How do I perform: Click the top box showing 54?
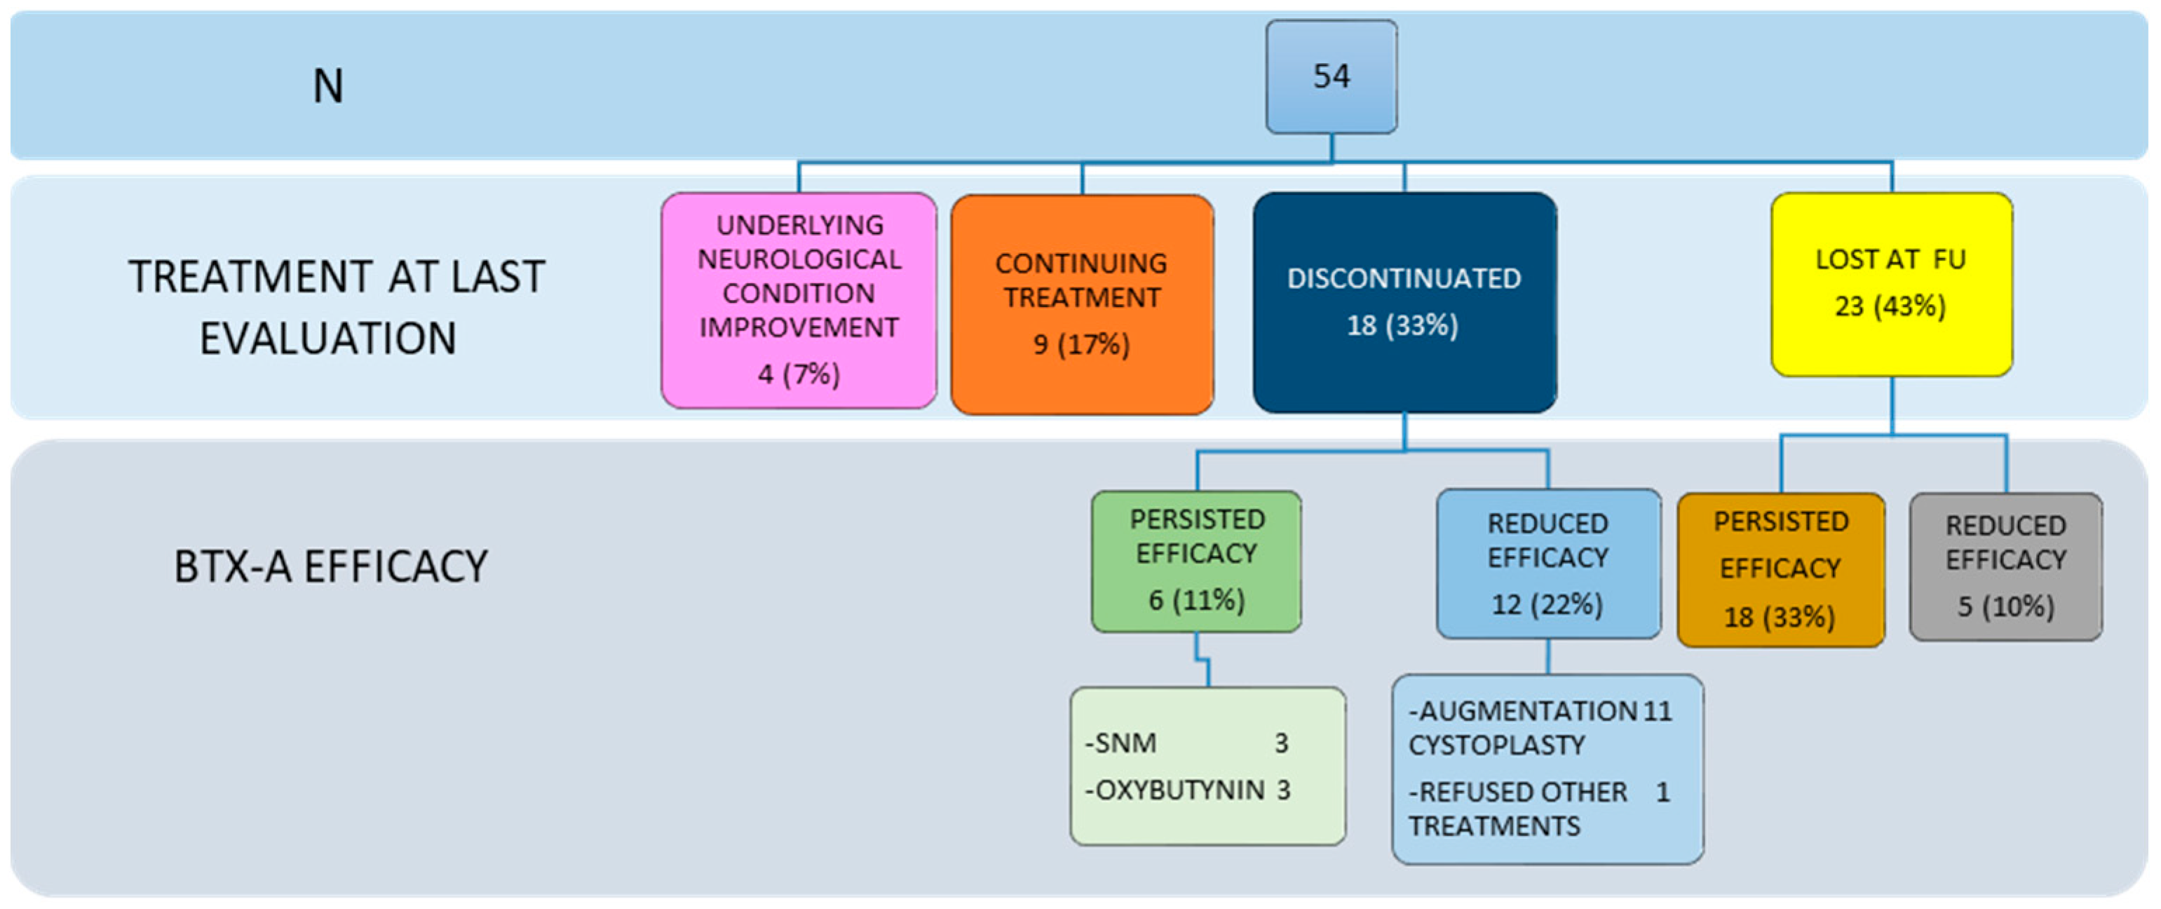coord(1332,77)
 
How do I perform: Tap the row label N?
coord(328,86)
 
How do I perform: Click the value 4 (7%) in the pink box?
coord(799,374)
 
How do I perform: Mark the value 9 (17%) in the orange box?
coord(1081,345)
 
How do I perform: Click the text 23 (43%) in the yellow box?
coord(1890,306)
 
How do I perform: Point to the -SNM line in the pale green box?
coord(1120,743)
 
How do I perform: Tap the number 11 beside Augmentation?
coord(1657,711)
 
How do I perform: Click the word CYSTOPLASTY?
coord(1496,746)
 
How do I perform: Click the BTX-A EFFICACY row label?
coord(330,567)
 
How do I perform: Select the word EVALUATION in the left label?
coord(328,339)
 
